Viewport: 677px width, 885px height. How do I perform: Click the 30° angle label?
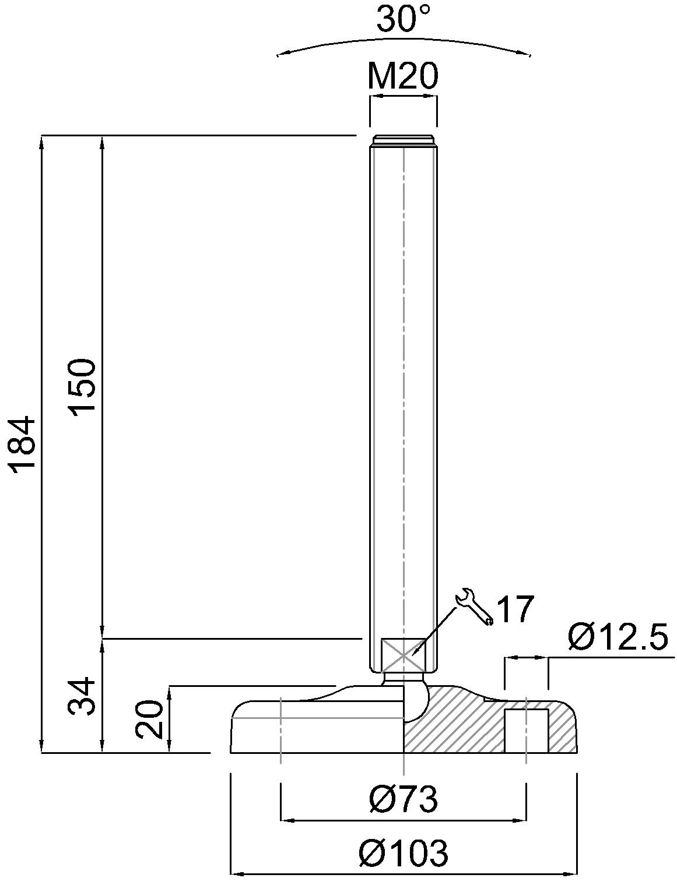pyautogui.click(x=403, y=19)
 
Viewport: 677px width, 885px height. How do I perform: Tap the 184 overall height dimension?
pyautogui.click(x=24, y=444)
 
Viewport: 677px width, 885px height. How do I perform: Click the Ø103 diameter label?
pyautogui.click(x=404, y=853)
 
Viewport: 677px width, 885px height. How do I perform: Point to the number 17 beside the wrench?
pyautogui.click(x=515, y=609)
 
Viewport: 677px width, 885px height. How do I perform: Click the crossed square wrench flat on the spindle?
pyautogui.click(x=403, y=655)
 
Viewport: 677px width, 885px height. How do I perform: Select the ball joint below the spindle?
pyautogui.click(x=415, y=699)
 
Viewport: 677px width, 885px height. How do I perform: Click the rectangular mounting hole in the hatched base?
pyautogui.click(x=526, y=731)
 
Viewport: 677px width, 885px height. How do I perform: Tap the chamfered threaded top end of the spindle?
pyautogui.click(x=403, y=140)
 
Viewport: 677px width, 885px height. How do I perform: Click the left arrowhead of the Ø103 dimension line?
pyautogui.click(x=237, y=874)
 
